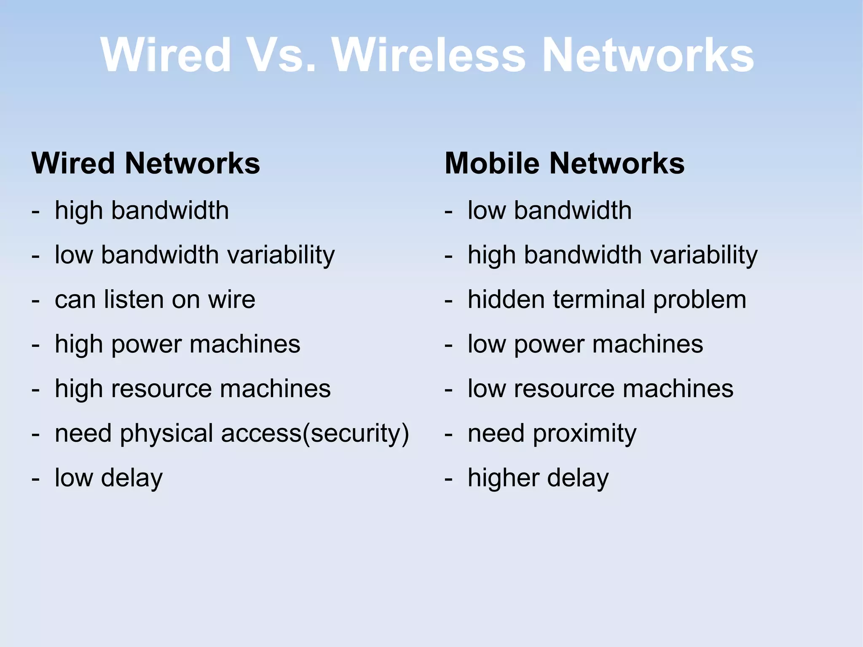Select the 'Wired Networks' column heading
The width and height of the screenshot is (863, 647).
click(x=146, y=163)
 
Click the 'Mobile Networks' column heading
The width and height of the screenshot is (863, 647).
click(x=565, y=163)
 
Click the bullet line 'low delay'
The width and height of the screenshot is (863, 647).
click(x=109, y=478)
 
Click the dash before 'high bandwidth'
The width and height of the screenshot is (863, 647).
click(x=36, y=211)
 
